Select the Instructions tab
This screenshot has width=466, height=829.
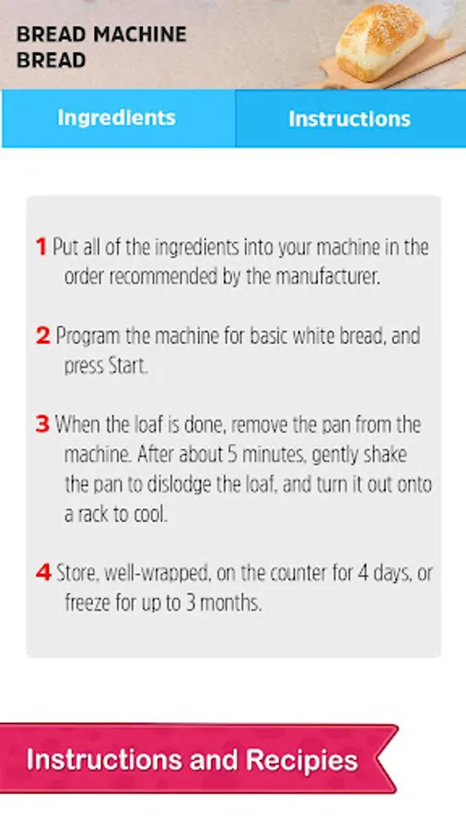click(351, 119)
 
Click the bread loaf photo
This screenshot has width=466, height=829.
click(381, 41)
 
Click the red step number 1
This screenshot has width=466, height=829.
click(41, 247)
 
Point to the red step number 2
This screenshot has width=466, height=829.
click(42, 335)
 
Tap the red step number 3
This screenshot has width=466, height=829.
click(42, 425)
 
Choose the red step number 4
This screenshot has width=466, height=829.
click(43, 573)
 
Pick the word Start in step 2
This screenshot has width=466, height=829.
click(127, 366)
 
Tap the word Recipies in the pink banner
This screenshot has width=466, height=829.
click(302, 761)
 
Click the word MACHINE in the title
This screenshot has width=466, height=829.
click(139, 35)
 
